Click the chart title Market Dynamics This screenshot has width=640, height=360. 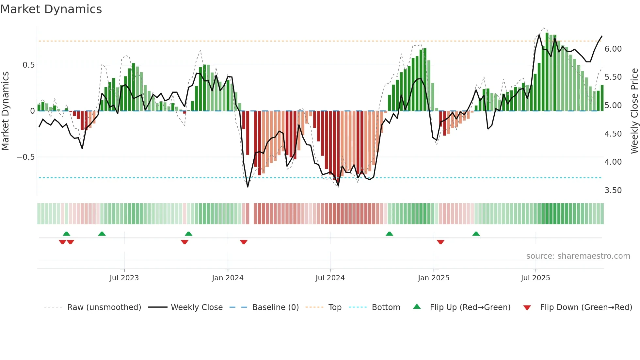point(51,9)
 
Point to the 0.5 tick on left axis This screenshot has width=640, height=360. point(28,65)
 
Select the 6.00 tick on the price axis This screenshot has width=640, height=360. point(613,49)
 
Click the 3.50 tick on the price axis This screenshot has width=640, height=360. point(613,190)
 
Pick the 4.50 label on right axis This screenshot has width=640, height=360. point(613,134)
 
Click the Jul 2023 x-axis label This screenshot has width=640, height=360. point(124,278)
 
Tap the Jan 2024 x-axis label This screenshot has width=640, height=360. point(228,278)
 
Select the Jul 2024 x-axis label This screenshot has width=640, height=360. point(330,278)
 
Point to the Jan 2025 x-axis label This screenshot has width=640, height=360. point(433,278)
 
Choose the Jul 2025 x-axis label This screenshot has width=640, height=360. point(535,278)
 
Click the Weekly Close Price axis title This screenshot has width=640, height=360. point(634,111)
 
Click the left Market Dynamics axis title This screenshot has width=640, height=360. point(5,111)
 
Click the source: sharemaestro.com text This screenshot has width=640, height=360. point(578,256)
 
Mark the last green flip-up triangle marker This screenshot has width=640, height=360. point(476,234)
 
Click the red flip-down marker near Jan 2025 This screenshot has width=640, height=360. point(440,242)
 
